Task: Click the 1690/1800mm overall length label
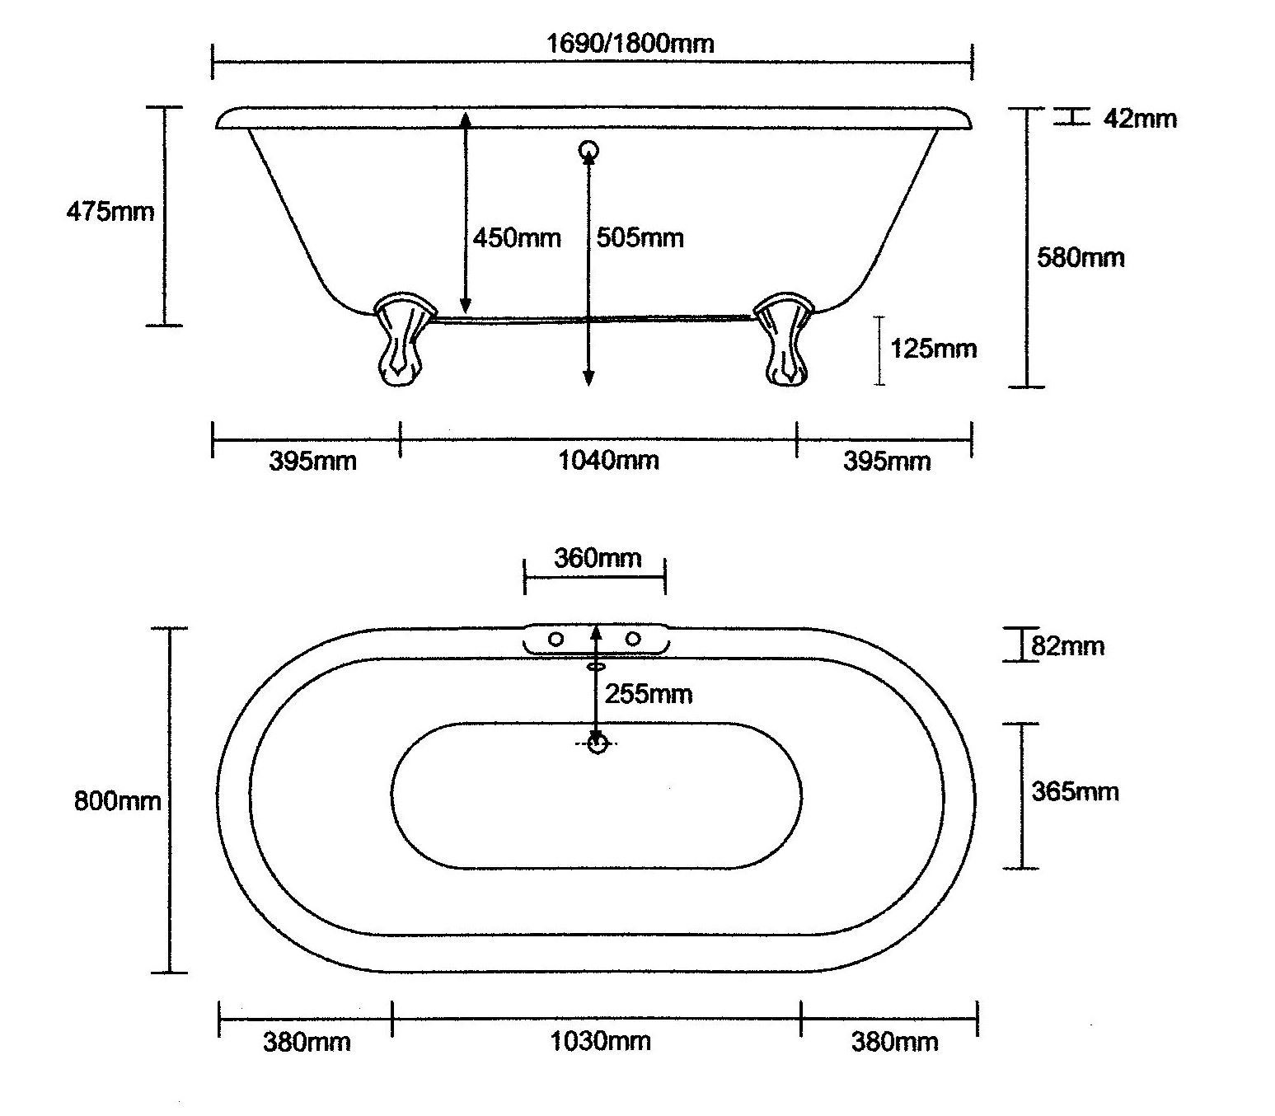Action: [x=630, y=43]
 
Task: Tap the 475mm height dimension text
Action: [x=110, y=212]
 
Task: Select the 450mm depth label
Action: [x=517, y=238]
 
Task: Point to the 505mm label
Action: [x=640, y=238]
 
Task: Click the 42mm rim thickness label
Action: [x=1140, y=119]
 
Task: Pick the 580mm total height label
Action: [x=1080, y=258]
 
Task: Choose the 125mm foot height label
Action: [x=934, y=349]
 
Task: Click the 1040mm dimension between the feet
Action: [x=608, y=460]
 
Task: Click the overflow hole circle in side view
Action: [x=588, y=150]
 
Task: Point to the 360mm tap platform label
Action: [x=597, y=559]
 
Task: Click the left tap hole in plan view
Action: [x=556, y=639]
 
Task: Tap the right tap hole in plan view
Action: [x=633, y=639]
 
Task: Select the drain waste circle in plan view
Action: [x=597, y=743]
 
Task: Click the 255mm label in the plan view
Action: [x=649, y=694]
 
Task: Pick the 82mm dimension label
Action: [x=1067, y=646]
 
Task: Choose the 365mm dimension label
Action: [x=1075, y=792]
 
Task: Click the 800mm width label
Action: [x=117, y=801]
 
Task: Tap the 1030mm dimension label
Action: [x=600, y=1042]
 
